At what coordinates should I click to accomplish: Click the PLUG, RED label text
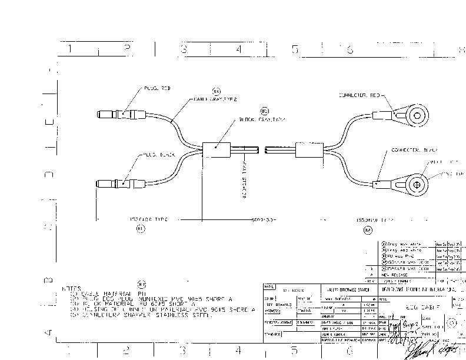156,89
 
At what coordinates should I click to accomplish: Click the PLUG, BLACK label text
158,155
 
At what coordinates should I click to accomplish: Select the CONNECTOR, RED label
360,95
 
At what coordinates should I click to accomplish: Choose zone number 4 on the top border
238,50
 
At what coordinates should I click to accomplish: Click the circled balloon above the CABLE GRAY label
216,91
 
